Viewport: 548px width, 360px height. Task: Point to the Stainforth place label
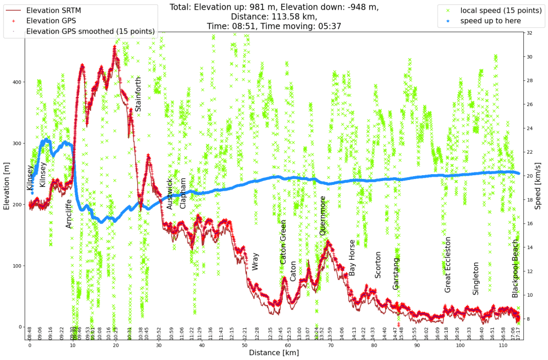click(138, 94)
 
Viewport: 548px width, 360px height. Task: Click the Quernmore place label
click(322, 216)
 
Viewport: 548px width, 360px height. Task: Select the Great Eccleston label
click(448, 265)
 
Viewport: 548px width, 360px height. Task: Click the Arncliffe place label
click(69, 213)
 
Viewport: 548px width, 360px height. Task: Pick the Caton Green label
click(283, 242)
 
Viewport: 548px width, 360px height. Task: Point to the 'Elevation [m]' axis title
click(7, 182)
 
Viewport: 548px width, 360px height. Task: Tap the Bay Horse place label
click(352, 258)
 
